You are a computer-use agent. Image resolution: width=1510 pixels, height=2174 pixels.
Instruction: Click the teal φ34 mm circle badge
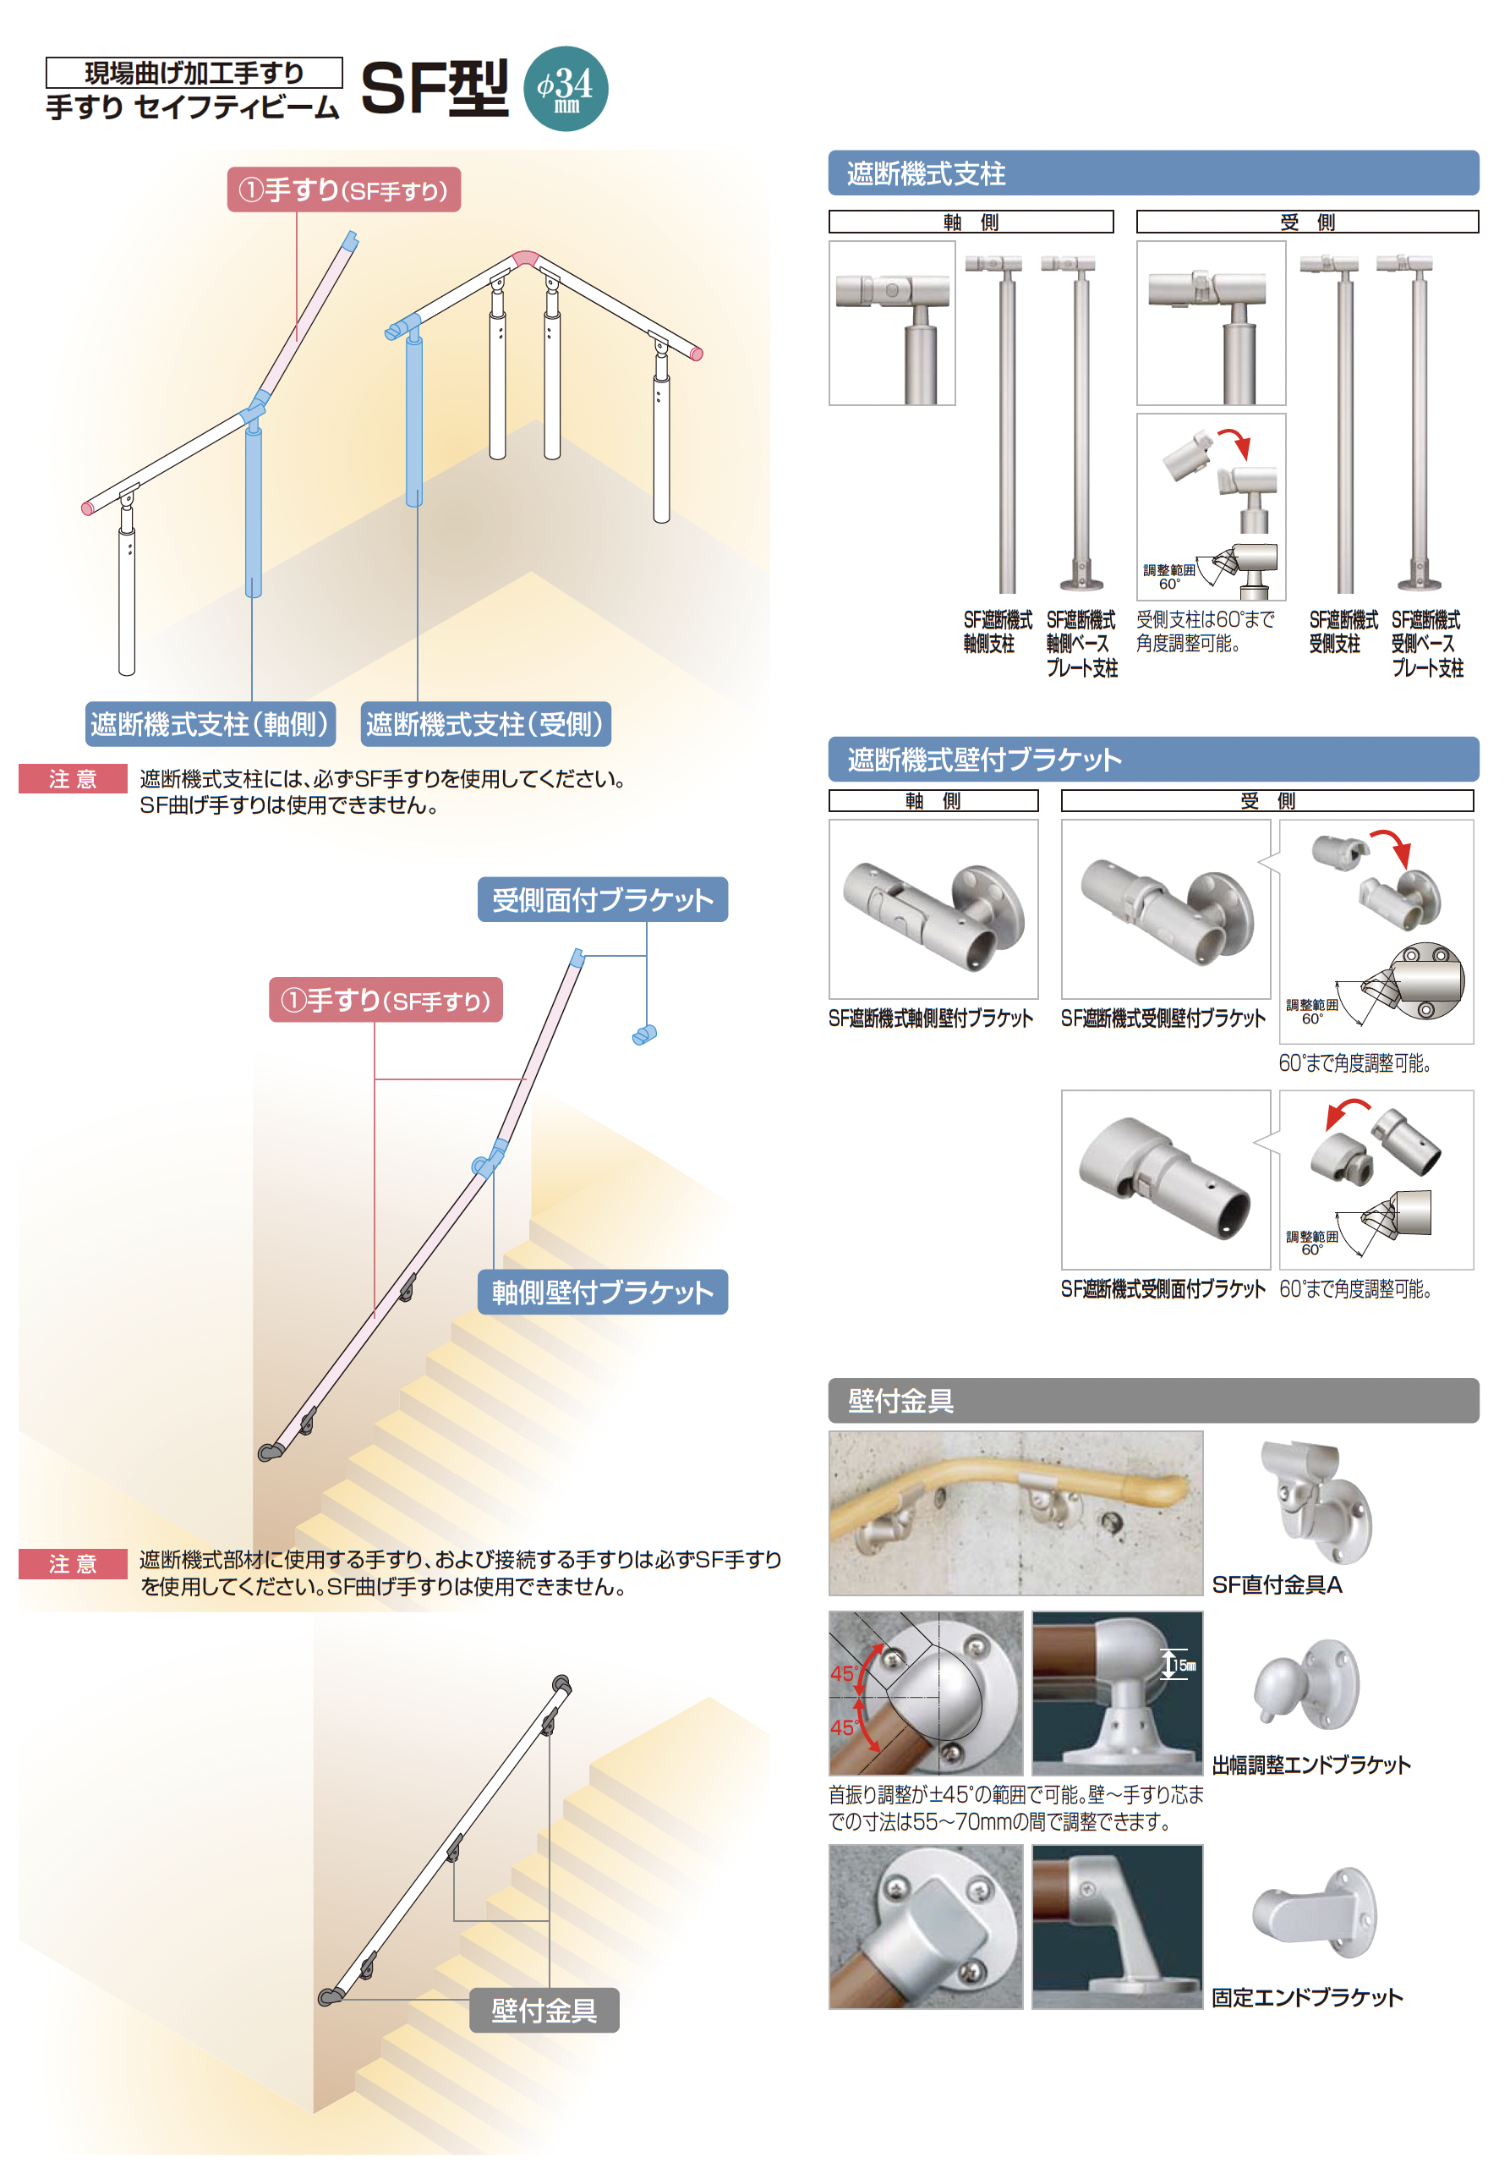(565, 88)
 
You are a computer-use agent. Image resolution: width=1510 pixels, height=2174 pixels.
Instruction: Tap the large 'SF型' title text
(435, 88)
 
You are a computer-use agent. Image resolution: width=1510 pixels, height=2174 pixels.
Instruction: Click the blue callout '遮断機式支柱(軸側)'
(210, 724)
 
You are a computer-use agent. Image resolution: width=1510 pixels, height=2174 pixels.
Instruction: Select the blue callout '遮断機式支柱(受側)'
(485, 724)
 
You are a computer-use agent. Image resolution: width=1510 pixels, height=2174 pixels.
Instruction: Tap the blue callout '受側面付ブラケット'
(603, 899)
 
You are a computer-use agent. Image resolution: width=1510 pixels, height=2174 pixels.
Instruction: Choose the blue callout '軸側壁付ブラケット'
(603, 1292)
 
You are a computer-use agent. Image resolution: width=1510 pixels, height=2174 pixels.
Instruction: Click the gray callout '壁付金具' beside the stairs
(544, 2010)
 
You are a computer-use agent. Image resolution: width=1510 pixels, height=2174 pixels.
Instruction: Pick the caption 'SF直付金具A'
(1277, 1584)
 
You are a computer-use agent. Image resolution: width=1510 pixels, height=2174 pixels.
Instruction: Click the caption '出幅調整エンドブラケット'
(1310, 1765)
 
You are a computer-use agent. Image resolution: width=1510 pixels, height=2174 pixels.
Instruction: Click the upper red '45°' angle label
(844, 1673)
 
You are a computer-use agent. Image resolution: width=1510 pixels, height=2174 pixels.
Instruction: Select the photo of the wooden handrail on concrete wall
(1016, 1512)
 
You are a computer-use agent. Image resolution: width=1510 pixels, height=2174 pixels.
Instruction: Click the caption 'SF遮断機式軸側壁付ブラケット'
(931, 1018)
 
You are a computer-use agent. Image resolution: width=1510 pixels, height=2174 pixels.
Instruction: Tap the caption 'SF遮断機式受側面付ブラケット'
(1163, 1289)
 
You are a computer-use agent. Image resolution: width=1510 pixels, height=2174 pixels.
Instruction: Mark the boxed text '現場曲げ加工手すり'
(194, 73)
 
